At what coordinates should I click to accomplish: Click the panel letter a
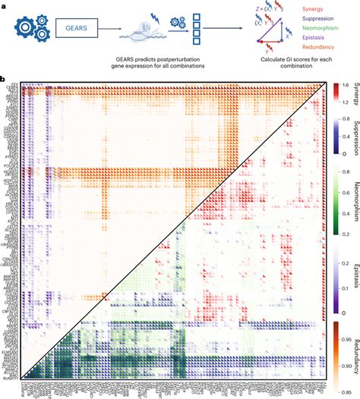(x=4, y=4)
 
